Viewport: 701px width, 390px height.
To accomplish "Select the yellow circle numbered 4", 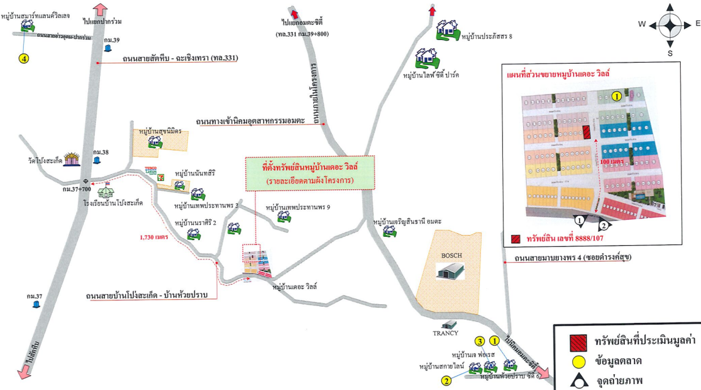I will point(24,58).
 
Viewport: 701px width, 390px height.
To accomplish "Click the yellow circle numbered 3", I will point(479,341).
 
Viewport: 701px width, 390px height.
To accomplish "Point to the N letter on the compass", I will point(670,7).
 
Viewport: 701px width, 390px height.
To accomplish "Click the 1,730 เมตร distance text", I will point(153,237).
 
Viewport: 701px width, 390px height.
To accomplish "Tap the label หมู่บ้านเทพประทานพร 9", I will point(297,207).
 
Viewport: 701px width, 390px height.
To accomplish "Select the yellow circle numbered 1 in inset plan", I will point(616,96).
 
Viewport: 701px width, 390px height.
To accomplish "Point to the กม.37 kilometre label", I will point(33,296).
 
